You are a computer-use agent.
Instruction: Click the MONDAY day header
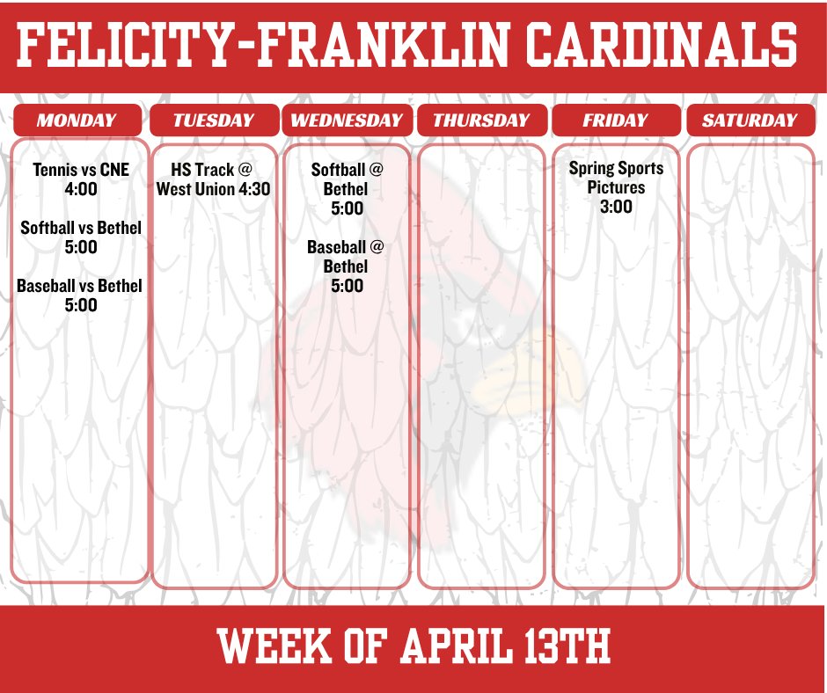pyautogui.click(x=77, y=120)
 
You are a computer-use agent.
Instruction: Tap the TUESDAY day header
pyautogui.click(x=213, y=120)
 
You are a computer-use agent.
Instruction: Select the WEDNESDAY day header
pyautogui.click(x=347, y=120)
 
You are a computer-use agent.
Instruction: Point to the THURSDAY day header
pyautogui.click(x=481, y=120)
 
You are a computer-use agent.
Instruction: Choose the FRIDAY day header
pyautogui.click(x=615, y=120)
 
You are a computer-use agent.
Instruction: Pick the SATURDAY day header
pyautogui.click(x=750, y=120)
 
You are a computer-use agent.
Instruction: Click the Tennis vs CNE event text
pyautogui.click(x=81, y=169)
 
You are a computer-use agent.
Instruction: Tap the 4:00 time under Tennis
pyautogui.click(x=81, y=188)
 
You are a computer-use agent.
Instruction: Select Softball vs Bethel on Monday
pyautogui.click(x=81, y=228)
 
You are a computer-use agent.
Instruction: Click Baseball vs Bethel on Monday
pyautogui.click(x=79, y=286)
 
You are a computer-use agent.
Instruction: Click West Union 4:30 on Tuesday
pyautogui.click(x=213, y=188)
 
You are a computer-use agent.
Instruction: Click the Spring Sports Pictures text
pyautogui.click(x=616, y=177)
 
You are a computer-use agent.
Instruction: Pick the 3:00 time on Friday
pyautogui.click(x=616, y=208)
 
